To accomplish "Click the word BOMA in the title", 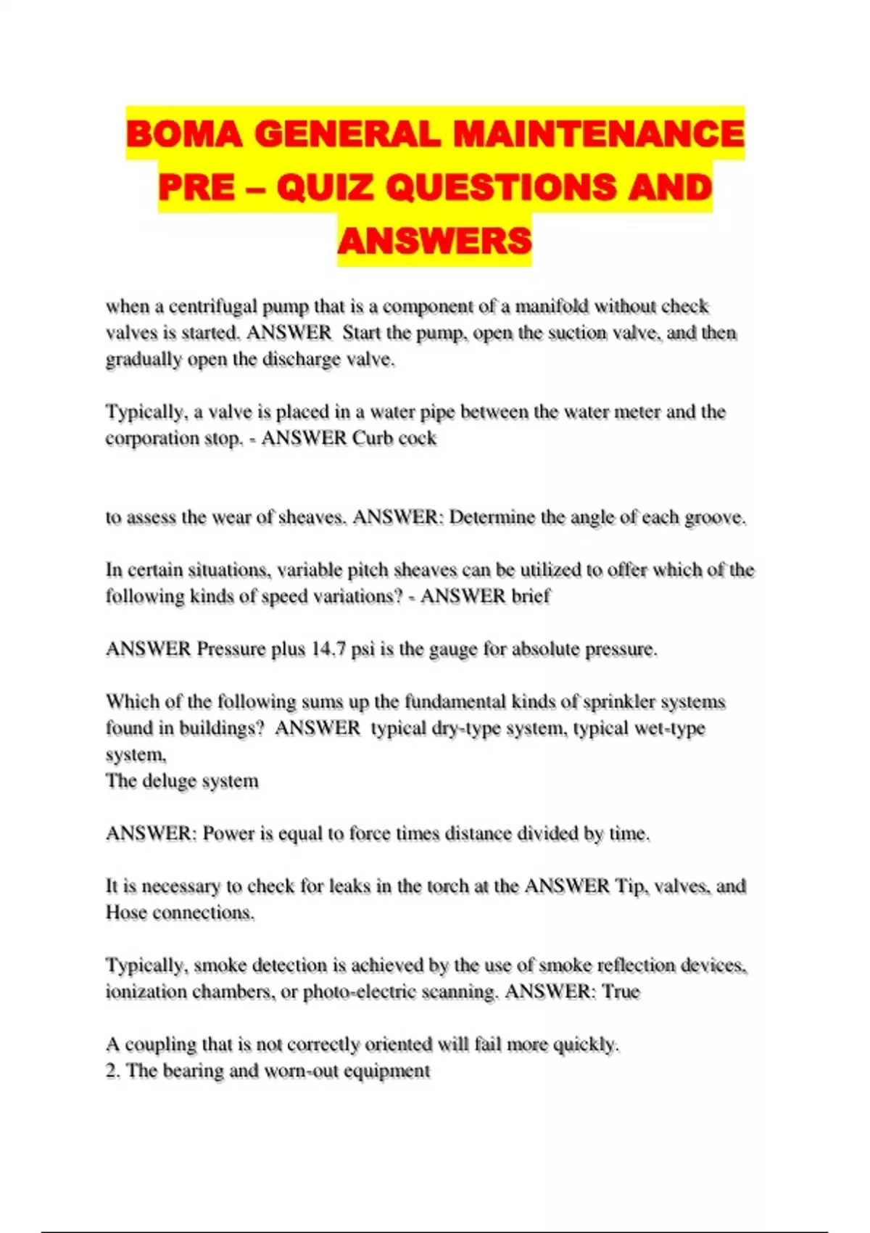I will [184, 133].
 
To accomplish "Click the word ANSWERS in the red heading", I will [434, 241].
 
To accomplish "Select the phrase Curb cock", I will [394, 438].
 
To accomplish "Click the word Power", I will [228, 833].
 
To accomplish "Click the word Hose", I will [125, 912].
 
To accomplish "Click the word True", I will [621, 991].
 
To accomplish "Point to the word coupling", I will [161, 1044].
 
